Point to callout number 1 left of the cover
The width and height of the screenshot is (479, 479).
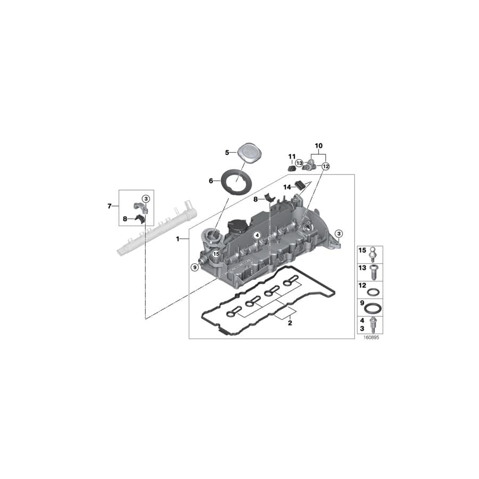(178, 240)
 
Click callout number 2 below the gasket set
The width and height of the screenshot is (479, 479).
(290, 323)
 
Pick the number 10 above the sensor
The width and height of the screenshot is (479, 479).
(319, 145)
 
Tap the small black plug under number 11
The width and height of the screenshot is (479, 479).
(291, 168)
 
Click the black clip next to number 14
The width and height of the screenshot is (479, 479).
(300, 185)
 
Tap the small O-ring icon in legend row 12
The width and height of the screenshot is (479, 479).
(374, 291)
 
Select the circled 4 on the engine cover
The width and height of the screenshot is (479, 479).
(257, 235)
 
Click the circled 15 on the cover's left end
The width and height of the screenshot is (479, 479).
(216, 254)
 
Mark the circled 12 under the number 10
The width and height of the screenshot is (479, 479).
(326, 166)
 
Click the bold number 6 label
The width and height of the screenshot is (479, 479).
(211, 181)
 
